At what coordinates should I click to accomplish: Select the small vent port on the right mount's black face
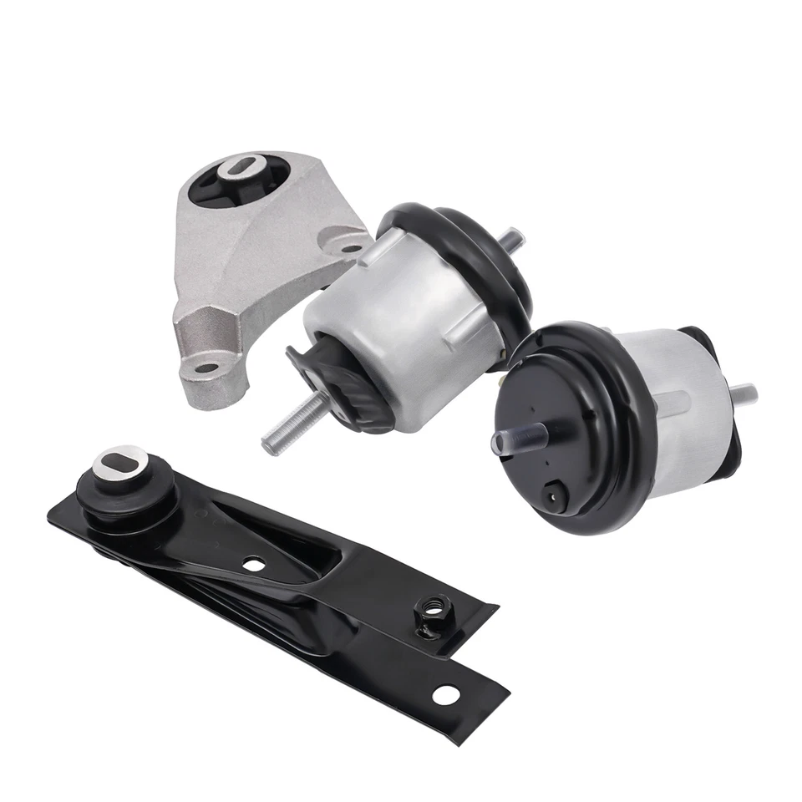coord(552,495)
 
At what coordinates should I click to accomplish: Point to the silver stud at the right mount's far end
coord(743,391)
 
